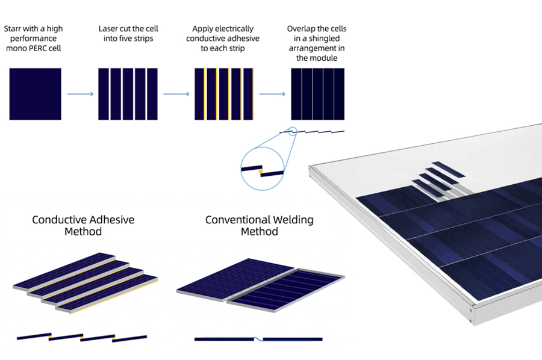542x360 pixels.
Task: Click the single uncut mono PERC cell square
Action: (36, 94)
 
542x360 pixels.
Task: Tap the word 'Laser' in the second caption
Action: (108, 29)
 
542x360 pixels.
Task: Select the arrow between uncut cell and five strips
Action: (80, 94)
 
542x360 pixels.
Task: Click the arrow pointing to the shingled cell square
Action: (272, 94)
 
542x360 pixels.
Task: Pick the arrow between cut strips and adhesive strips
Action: (176, 94)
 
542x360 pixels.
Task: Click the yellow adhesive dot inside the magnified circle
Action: (261, 172)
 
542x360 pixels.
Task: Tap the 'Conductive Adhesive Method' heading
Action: (83, 225)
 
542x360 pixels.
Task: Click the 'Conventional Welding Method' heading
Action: (259, 225)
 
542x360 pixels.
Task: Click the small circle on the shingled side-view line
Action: (293, 131)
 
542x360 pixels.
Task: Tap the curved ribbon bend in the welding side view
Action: (258, 338)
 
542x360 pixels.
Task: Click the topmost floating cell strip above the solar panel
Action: (448, 169)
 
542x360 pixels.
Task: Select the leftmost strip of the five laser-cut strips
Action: (104, 94)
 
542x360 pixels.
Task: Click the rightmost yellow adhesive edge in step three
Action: (253, 94)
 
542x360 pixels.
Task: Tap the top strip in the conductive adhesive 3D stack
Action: (64, 271)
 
